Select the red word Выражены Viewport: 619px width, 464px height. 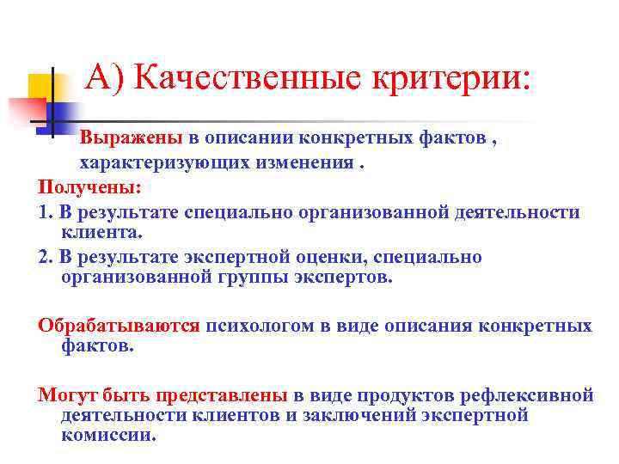[131, 139]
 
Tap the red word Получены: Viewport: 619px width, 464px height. [89, 186]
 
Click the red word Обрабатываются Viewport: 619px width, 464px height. [119, 327]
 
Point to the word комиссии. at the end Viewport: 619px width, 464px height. [109, 435]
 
